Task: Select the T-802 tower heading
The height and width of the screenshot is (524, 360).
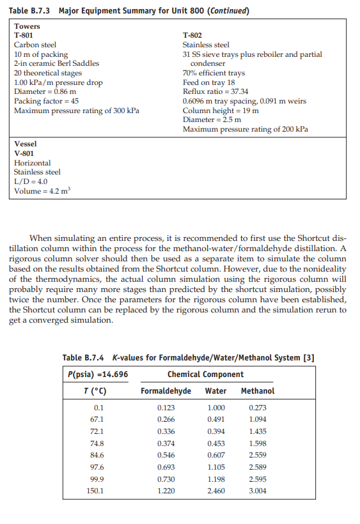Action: [x=192, y=36]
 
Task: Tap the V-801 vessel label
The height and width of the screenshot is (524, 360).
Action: [x=24, y=153]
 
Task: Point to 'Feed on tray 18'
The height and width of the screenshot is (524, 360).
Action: [x=209, y=82]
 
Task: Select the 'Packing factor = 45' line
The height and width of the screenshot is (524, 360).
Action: [x=47, y=101]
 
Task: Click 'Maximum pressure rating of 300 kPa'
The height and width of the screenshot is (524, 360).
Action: [x=76, y=110]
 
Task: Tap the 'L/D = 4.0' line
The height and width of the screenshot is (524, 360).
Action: [x=31, y=181]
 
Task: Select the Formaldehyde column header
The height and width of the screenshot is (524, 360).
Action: [x=166, y=390]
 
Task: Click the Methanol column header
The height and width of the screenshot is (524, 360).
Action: [x=258, y=390]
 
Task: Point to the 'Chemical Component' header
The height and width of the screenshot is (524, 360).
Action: [x=205, y=374]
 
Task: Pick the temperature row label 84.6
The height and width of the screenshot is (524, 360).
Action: [x=98, y=455]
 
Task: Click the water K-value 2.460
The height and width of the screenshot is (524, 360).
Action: [x=217, y=491]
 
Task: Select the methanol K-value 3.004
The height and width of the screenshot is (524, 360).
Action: [x=257, y=491]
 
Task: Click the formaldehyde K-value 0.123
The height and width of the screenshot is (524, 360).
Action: [x=166, y=408]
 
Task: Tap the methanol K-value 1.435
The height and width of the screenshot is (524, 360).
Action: [x=257, y=431]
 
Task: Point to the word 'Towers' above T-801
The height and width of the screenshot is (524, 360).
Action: [x=27, y=26]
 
